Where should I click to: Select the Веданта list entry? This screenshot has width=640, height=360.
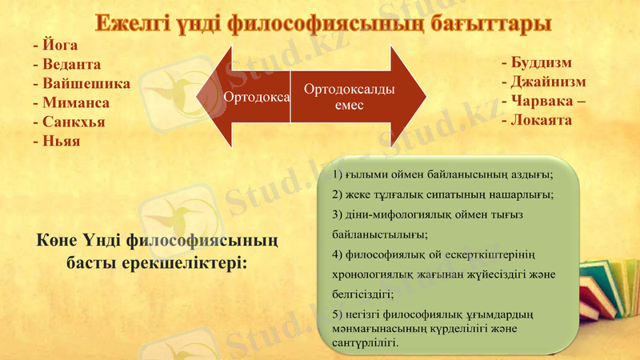71,65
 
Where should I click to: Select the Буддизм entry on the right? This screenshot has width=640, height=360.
540,62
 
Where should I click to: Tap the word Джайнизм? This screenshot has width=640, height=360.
548,82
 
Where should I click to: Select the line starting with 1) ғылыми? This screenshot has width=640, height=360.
442,174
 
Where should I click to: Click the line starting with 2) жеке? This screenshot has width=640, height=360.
442,194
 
